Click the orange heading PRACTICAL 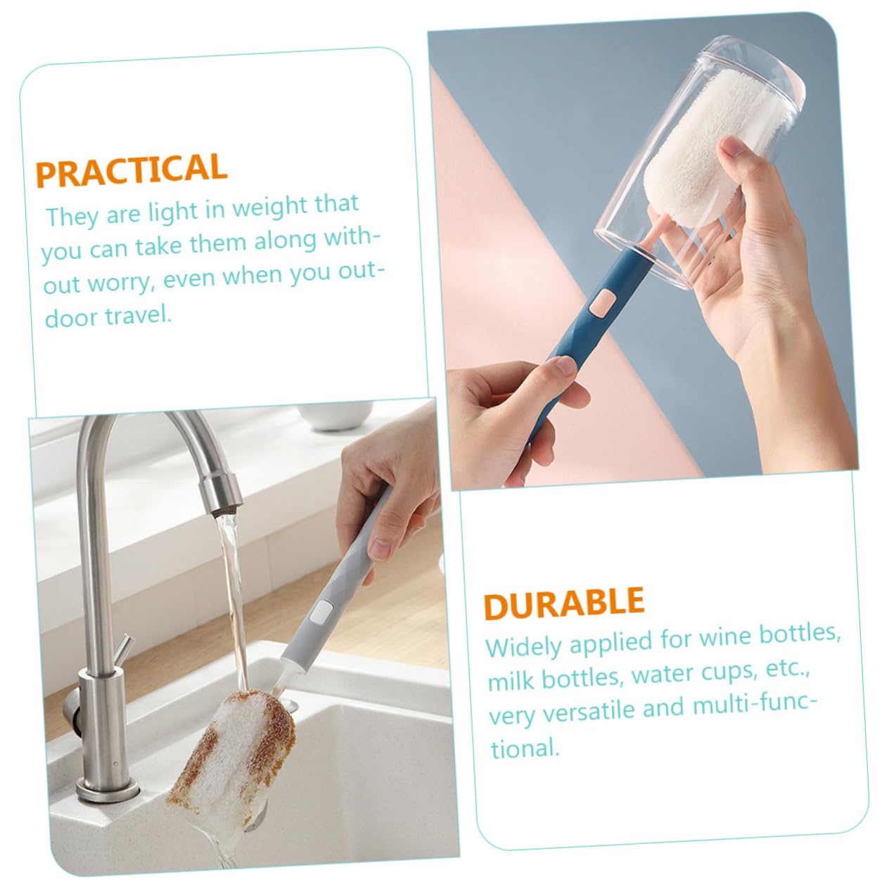pyautogui.click(x=132, y=170)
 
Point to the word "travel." pyautogui.click(x=139, y=316)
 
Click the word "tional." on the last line pyautogui.click(x=525, y=748)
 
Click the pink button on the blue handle pyautogui.click(x=602, y=303)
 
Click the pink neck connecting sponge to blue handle pyautogui.click(x=655, y=233)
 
